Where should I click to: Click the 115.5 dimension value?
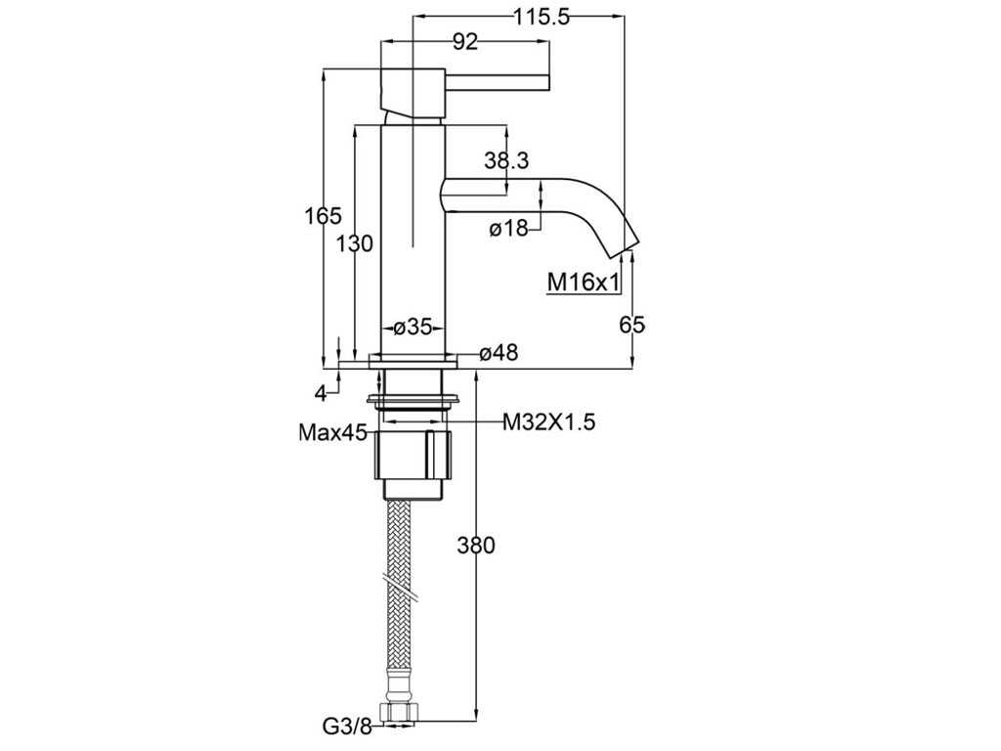click(542, 18)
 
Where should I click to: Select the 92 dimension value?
click(464, 42)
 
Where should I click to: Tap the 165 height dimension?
click(323, 216)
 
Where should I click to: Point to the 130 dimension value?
click(354, 243)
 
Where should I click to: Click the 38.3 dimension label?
click(506, 161)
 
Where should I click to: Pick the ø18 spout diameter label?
click(508, 228)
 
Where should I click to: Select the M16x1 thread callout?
click(584, 282)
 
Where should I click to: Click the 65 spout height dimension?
click(632, 325)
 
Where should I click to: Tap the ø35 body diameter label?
click(413, 328)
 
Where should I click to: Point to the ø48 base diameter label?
click(499, 352)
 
